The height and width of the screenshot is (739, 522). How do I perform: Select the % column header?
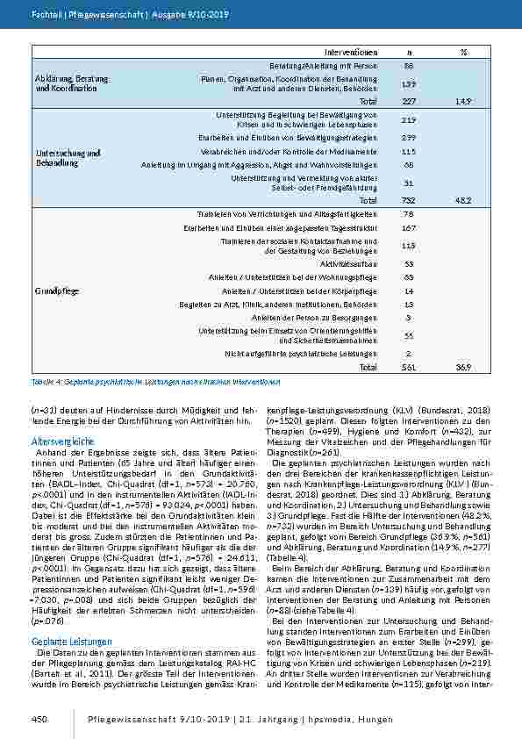coord(463,53)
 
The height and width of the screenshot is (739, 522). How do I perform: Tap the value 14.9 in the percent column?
coord(463,102)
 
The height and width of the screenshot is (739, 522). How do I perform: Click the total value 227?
coord(409,102)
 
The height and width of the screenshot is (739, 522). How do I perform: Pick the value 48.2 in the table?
coord(463,200)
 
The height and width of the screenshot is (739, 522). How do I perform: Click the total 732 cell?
coord(409,200)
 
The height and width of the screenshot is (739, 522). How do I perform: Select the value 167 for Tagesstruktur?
coord(409,228)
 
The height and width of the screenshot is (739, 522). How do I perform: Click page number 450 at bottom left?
coord(39,719)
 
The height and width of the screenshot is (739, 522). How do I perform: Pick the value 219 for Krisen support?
coord(409,119)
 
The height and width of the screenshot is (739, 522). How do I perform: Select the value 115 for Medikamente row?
coord(409,151)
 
